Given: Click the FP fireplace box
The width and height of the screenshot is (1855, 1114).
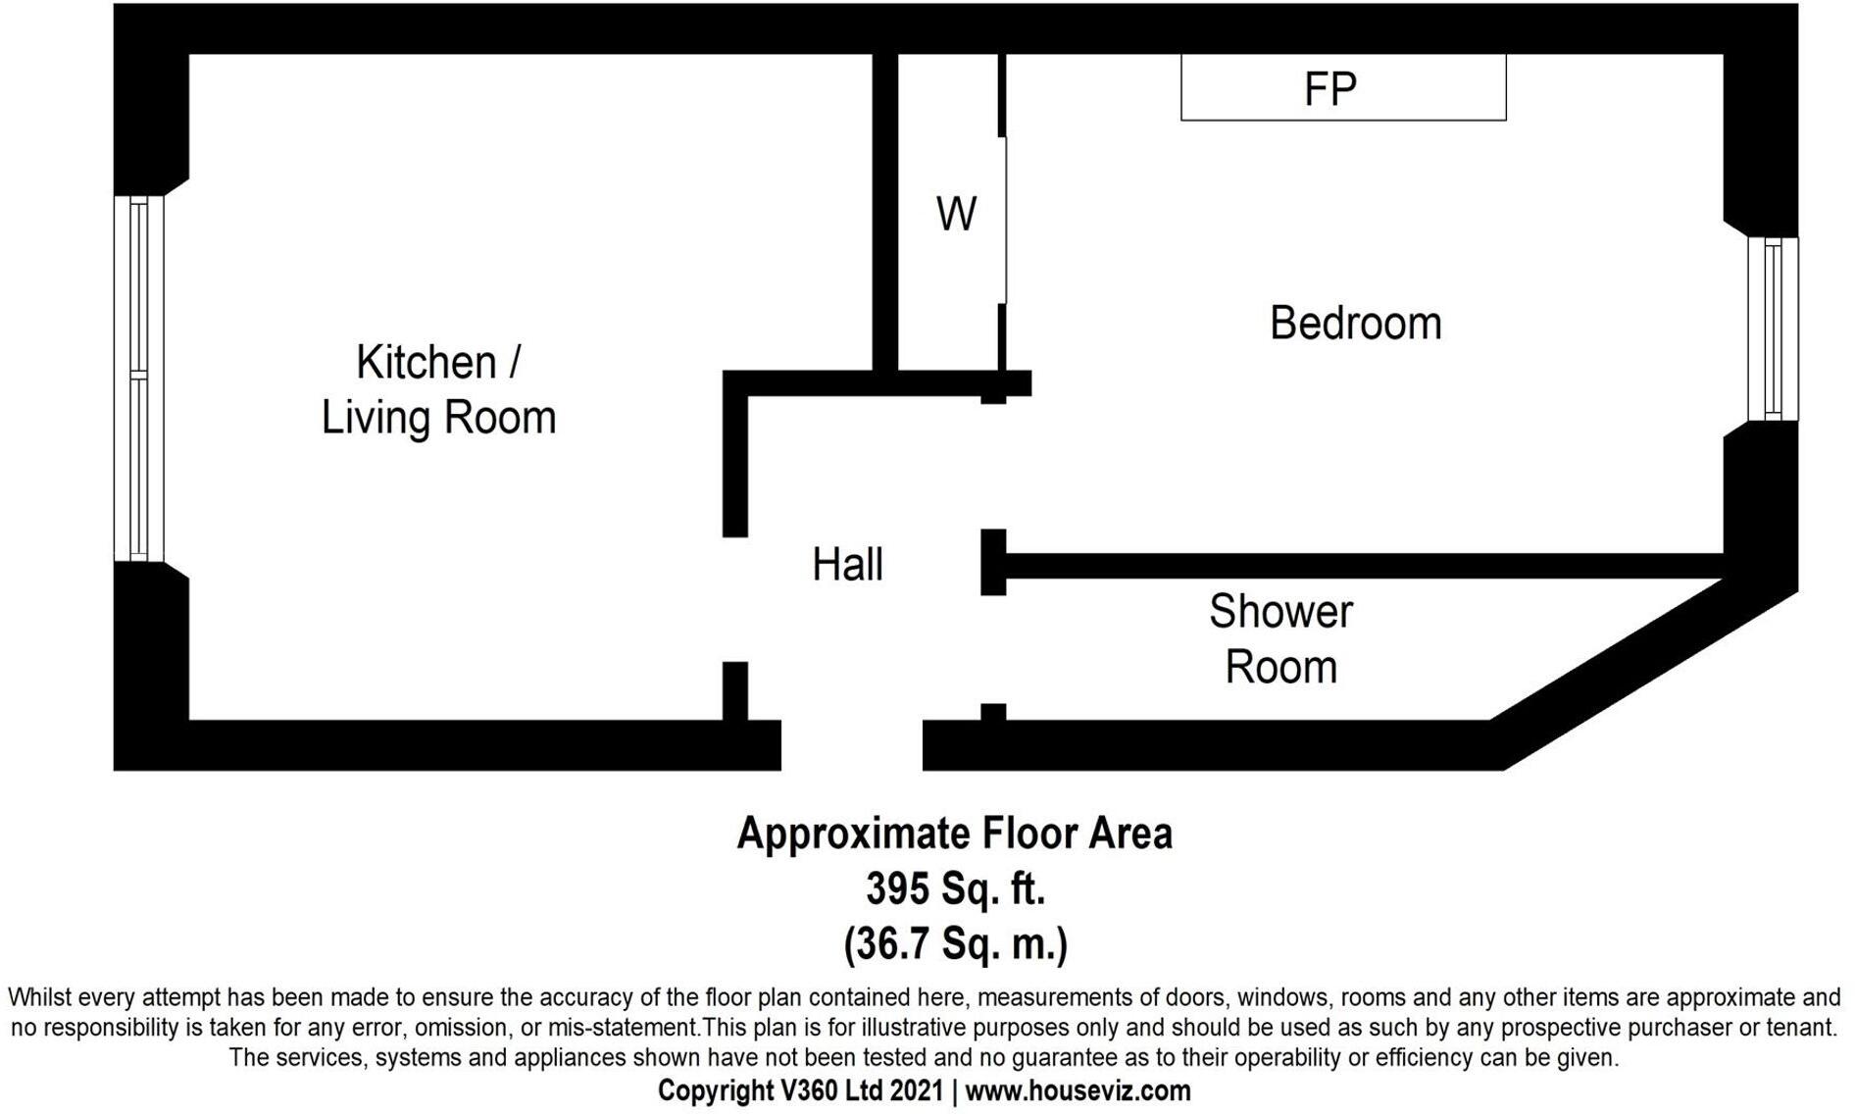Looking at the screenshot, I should (x=1342, y=88).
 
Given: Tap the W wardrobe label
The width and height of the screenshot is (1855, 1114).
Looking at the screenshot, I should (x=956, y=214).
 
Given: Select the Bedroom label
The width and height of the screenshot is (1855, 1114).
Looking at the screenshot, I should (x=1355, y=324).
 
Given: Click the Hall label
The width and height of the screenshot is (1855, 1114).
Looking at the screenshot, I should (x=847, y=565).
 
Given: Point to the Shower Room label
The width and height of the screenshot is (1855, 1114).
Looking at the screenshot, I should (x=1280, y=639).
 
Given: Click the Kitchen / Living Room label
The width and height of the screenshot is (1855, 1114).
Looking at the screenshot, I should (x=438, y=389).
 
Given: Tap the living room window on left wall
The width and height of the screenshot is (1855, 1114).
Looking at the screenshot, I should (x=138, y=379).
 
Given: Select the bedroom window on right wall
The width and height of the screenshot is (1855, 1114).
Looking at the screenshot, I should (x=1773, y=329).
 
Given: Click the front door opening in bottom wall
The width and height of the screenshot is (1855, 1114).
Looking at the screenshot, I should (x=851, y=745).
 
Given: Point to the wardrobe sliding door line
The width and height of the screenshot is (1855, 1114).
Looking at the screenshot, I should (x=1005, y=221).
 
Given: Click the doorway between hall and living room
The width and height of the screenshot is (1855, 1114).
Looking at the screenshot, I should (x=735, y=599).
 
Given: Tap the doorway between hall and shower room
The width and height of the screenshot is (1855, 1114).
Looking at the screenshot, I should (x=993, y=649).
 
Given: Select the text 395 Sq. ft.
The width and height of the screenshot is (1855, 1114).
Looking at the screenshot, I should (x=955, y=889).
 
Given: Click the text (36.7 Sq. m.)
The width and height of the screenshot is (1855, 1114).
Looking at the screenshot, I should (x=955, y=943).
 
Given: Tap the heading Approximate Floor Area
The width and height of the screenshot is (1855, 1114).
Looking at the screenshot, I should (x=954, y=835).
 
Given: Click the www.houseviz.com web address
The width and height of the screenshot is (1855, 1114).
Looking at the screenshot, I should (x=1078, y=1090).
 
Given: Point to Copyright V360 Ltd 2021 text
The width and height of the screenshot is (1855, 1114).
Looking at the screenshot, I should (x=800, y=1090).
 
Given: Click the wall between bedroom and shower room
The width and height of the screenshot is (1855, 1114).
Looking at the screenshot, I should (x=1363, y=566).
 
